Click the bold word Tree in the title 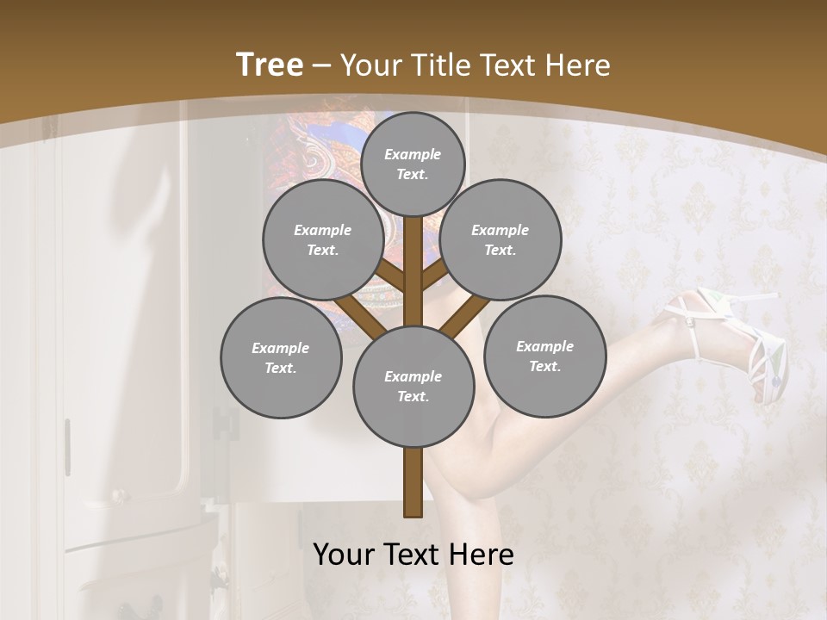[x=270, y=65]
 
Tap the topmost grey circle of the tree [x=413, y=164]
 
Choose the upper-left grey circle [x=322, y=239]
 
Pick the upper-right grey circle [x=501, y=239]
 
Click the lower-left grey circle [x=281, y=357]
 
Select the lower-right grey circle [x=544, y=356]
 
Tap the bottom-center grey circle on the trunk [x=413, y=387]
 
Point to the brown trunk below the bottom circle [x=413, y=482]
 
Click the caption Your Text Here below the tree [x=413, y=555]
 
